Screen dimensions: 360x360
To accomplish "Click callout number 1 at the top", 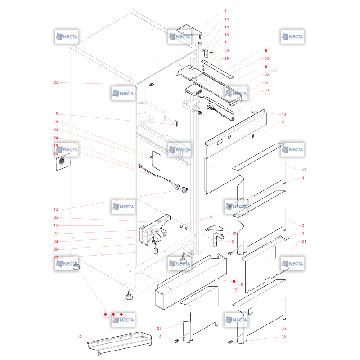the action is click(x=225, y=11).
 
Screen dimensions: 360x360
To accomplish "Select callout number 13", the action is click(x=227, y=19).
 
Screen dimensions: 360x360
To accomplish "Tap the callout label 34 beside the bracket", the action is click(x=274, y=71).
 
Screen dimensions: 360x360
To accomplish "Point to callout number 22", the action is click(x=56, y=82).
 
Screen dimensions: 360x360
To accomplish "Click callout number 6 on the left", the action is click(x=57, y=114).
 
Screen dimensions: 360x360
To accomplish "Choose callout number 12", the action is click(x=56, y=209).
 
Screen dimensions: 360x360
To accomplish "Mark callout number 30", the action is click(x=56, y=257).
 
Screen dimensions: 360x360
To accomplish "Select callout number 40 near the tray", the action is click(x=80, y=337).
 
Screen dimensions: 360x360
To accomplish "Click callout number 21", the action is click(x=159, y=328).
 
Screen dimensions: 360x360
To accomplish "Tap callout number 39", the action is click(x=284, y=329).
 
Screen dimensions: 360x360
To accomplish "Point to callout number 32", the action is click(x=284, y=337).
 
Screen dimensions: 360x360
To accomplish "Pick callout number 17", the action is click(x=304, y=170).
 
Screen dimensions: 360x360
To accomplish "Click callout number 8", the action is click(x=283, y=122).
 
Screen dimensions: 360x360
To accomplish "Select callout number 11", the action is click(x=211, y=218).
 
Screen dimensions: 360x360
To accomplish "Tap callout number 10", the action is click(x=234, y=234).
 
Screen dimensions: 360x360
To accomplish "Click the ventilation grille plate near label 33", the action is click(x=63, y=162).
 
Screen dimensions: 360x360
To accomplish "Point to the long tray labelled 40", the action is click(x=119, y=343).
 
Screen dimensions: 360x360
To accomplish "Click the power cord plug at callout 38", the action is click(x=232, y=118).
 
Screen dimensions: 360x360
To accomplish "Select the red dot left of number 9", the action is click(x=234, y=281).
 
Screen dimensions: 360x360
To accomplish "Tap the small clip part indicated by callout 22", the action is click(x=151, y=85).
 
